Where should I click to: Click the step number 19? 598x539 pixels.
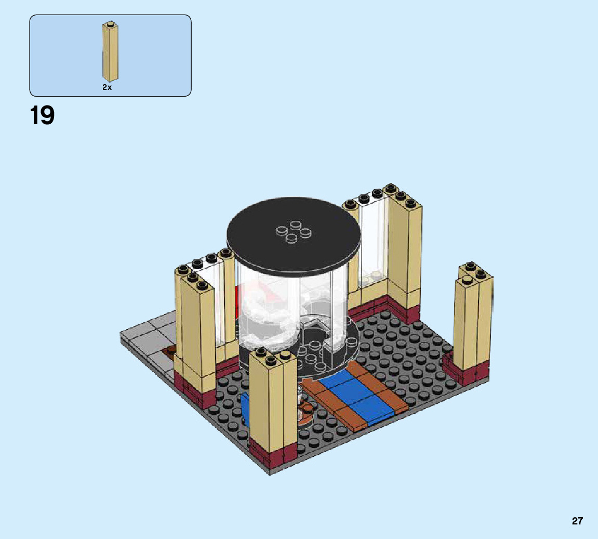[x=42, y=115]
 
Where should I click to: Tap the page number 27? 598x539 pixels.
[x=577, y=521]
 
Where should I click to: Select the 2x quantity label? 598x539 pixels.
[x=107, y=87]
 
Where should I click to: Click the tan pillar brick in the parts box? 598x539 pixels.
[x=110, y=51]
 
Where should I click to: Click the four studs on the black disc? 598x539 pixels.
[x=294, y=231]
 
